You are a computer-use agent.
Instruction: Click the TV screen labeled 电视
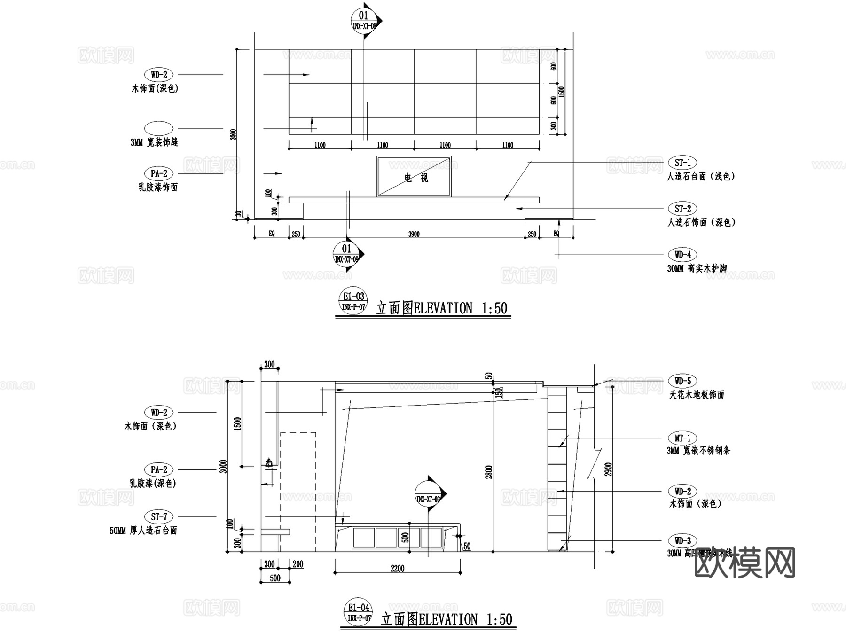pyautogui.click(x=414, y=176)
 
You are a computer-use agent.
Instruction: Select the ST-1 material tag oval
pyautogui.click(x=682, y=163)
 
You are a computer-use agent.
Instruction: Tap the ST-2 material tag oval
pyautogui.click(x=682, y=209)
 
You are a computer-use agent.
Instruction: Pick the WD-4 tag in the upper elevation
pyautogui.click(x=682, y=255)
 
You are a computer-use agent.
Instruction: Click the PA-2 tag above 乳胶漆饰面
pyautogui.click(x=159, y=173)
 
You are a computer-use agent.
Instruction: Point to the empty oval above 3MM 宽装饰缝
pyautogui.click(x=159, y=128)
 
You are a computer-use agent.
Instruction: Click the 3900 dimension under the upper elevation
pyautogui.click(x=414, y=234)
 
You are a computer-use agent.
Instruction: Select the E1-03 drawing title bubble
pyautogui.click(x=353, y=301)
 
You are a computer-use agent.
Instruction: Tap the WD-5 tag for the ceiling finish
pyautogui.click(x=682, y=381)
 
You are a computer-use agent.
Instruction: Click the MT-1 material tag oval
pyautogui.click(x=682, y=438)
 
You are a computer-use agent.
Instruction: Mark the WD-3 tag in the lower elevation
pyautogui.click(x=682, y=540)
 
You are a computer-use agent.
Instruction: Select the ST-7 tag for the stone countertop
pyautogui.click(x=159, y=517)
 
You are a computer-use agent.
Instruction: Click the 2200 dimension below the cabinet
pyautogui.click(x=397, y=569)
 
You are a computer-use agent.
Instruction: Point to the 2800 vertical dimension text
pyautogui.click(x=489, y=472)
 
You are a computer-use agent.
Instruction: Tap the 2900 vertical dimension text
pyautogui.click(x=609, y=469)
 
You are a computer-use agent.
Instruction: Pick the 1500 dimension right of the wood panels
pyautogui.click(x=562, y=91)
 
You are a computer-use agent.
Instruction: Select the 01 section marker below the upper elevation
pyautogui.click(x=346, y=254)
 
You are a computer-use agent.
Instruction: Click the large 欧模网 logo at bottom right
pyautogui.click(x=744, y=563)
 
